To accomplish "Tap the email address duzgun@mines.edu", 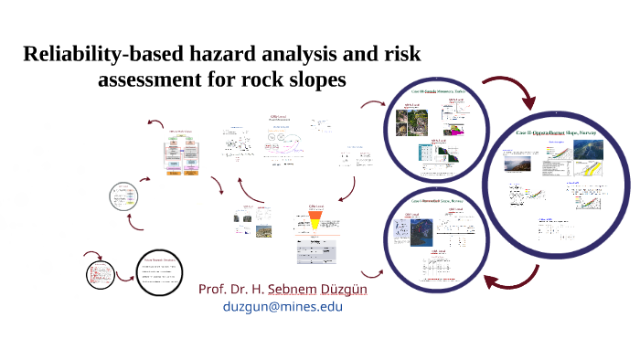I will click(x=283, y=307).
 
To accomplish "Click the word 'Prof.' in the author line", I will click(x=213, y=289).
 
